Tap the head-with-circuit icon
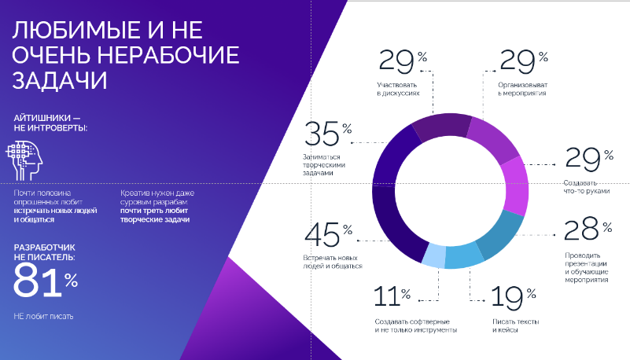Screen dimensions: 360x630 click(x=26, y=160)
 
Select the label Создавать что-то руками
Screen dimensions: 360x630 click(x=586, y=187)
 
